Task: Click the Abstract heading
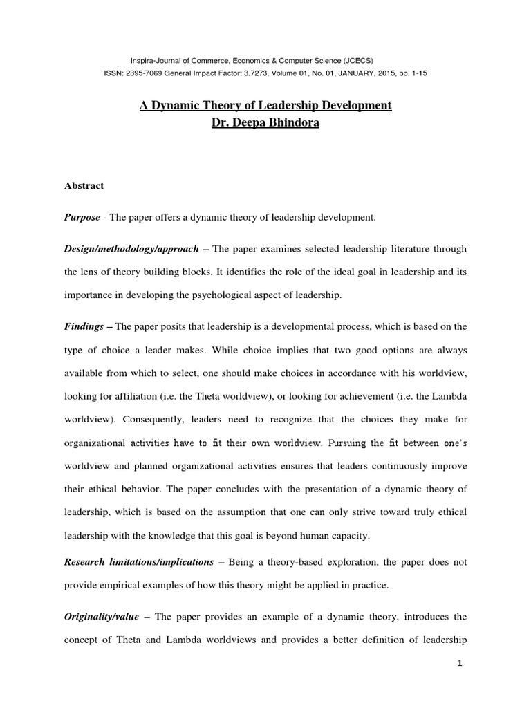[x=84, y=185]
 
